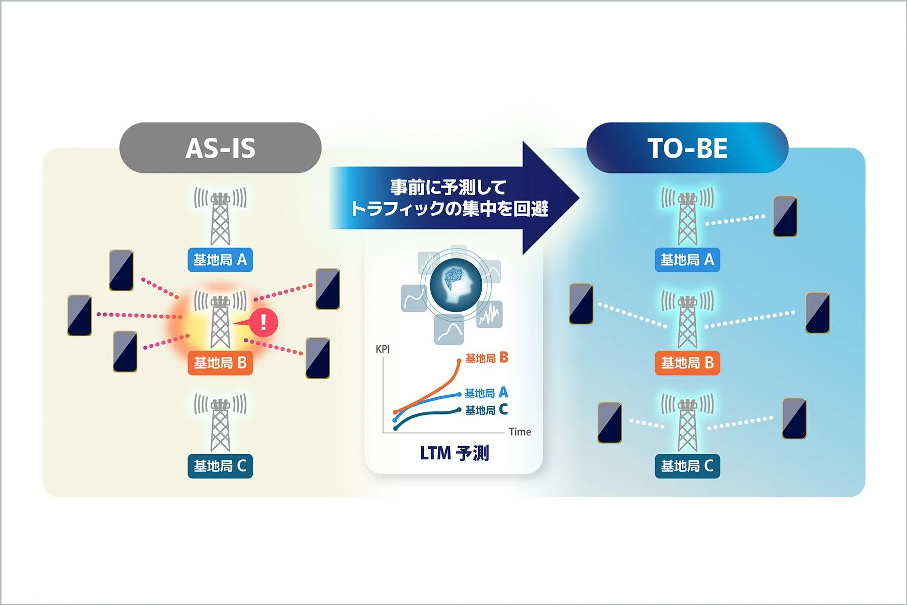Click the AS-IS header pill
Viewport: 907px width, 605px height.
click(x=220, y=148)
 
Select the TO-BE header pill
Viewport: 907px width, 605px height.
click(x=687, y=148)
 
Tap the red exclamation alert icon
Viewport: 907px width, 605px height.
click(x=263, y=322)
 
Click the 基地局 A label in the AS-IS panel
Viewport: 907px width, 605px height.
click(x=220, y=260)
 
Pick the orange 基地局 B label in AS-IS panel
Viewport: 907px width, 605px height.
click(x=220, y=363)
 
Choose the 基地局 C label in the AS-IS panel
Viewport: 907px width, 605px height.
click(x=220, y=466)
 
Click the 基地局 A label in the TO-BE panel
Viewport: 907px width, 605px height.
click(x=687, y=260)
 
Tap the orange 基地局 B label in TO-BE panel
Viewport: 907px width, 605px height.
click(x=687, y=363)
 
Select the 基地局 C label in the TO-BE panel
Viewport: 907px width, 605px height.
click(x=687, y=466)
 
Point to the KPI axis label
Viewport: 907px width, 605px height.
click(x=382, y=349)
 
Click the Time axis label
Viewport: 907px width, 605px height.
click(x=520, y=432)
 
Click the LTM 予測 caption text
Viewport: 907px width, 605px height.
click(x=455, y=453)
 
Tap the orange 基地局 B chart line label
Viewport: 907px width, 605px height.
click(x=487, y=358)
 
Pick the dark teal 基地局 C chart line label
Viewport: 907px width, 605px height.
click(x=486, y=410)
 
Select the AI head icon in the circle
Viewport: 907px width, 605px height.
click(x=456, y=285)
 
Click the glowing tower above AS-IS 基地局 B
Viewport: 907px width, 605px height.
click(x=220, y=320)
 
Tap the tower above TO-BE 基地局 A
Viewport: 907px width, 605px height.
click(x=687, y=217)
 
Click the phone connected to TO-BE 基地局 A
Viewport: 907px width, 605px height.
click(x=785, y=216)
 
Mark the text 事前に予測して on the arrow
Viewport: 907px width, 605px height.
click(x=448, y=188)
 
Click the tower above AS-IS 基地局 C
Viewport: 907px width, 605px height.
click(x=220, y=422)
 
